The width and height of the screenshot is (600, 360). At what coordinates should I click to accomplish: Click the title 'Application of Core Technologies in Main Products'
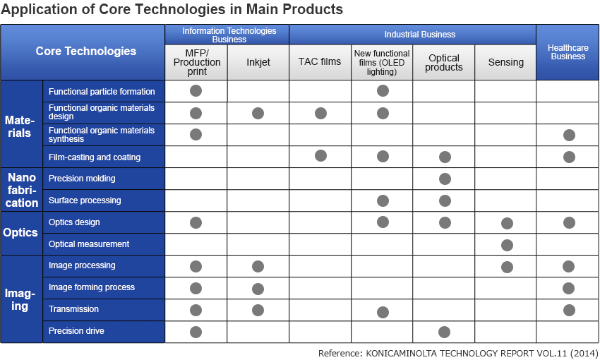[172, 10]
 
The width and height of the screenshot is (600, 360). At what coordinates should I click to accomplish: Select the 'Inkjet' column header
[258, 62]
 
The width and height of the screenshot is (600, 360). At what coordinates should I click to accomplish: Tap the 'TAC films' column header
[320, 62]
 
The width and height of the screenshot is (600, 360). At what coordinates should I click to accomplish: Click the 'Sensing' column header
[505, 62]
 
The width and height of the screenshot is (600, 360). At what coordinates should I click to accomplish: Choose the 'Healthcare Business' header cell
[568, 52]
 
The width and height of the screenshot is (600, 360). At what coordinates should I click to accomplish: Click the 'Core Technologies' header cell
[86, 51]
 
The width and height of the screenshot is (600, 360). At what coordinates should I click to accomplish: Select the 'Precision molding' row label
[82, 179]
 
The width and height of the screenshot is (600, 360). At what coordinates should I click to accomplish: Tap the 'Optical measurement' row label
[89, 244]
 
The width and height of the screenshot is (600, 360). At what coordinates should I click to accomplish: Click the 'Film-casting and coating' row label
[95, 157]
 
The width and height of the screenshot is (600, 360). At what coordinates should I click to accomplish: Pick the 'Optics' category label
[21, 233]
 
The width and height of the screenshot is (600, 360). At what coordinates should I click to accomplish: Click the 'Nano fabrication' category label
[21, 190]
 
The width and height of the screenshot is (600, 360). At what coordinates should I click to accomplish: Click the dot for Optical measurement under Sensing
[507, 245]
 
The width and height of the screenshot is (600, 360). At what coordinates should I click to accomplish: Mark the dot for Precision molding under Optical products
[445, 179]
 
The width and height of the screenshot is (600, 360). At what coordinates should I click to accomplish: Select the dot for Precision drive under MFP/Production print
[196, 332]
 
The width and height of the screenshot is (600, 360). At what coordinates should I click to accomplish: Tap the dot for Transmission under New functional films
[383, 312]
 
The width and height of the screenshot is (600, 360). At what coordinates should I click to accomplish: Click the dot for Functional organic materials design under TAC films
[320, 113]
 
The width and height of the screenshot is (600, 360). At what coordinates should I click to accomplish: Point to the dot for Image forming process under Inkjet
[258, 289]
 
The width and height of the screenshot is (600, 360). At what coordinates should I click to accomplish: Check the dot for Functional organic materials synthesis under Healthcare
[569, 136]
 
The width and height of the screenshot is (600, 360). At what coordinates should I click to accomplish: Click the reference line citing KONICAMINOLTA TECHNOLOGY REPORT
[458, 353]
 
